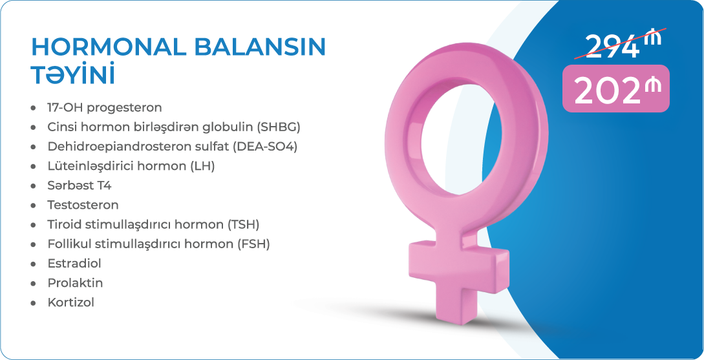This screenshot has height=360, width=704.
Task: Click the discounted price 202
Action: [x=606, y=92]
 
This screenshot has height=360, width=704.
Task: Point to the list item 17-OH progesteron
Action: [x=105, y=108]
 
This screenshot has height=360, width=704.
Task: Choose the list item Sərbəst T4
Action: [x=80, y=185]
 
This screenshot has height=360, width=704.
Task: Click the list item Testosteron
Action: [x=83, y=205]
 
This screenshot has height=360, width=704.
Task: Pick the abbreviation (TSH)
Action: [x=243, y=224]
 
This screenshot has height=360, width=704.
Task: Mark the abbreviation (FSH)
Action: [x=253, y=244]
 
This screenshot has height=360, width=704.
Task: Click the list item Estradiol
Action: [x=74, y=264]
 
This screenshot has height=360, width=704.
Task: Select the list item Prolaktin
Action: [x=75, y=283]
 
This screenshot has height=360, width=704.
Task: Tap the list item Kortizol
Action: [x=71, y=302]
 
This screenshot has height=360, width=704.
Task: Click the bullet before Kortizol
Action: [x=33, y=303]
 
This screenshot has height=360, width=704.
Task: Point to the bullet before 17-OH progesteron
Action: [x=33, y=109]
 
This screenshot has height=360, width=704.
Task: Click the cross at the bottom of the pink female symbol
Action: [x=458, y=279]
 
